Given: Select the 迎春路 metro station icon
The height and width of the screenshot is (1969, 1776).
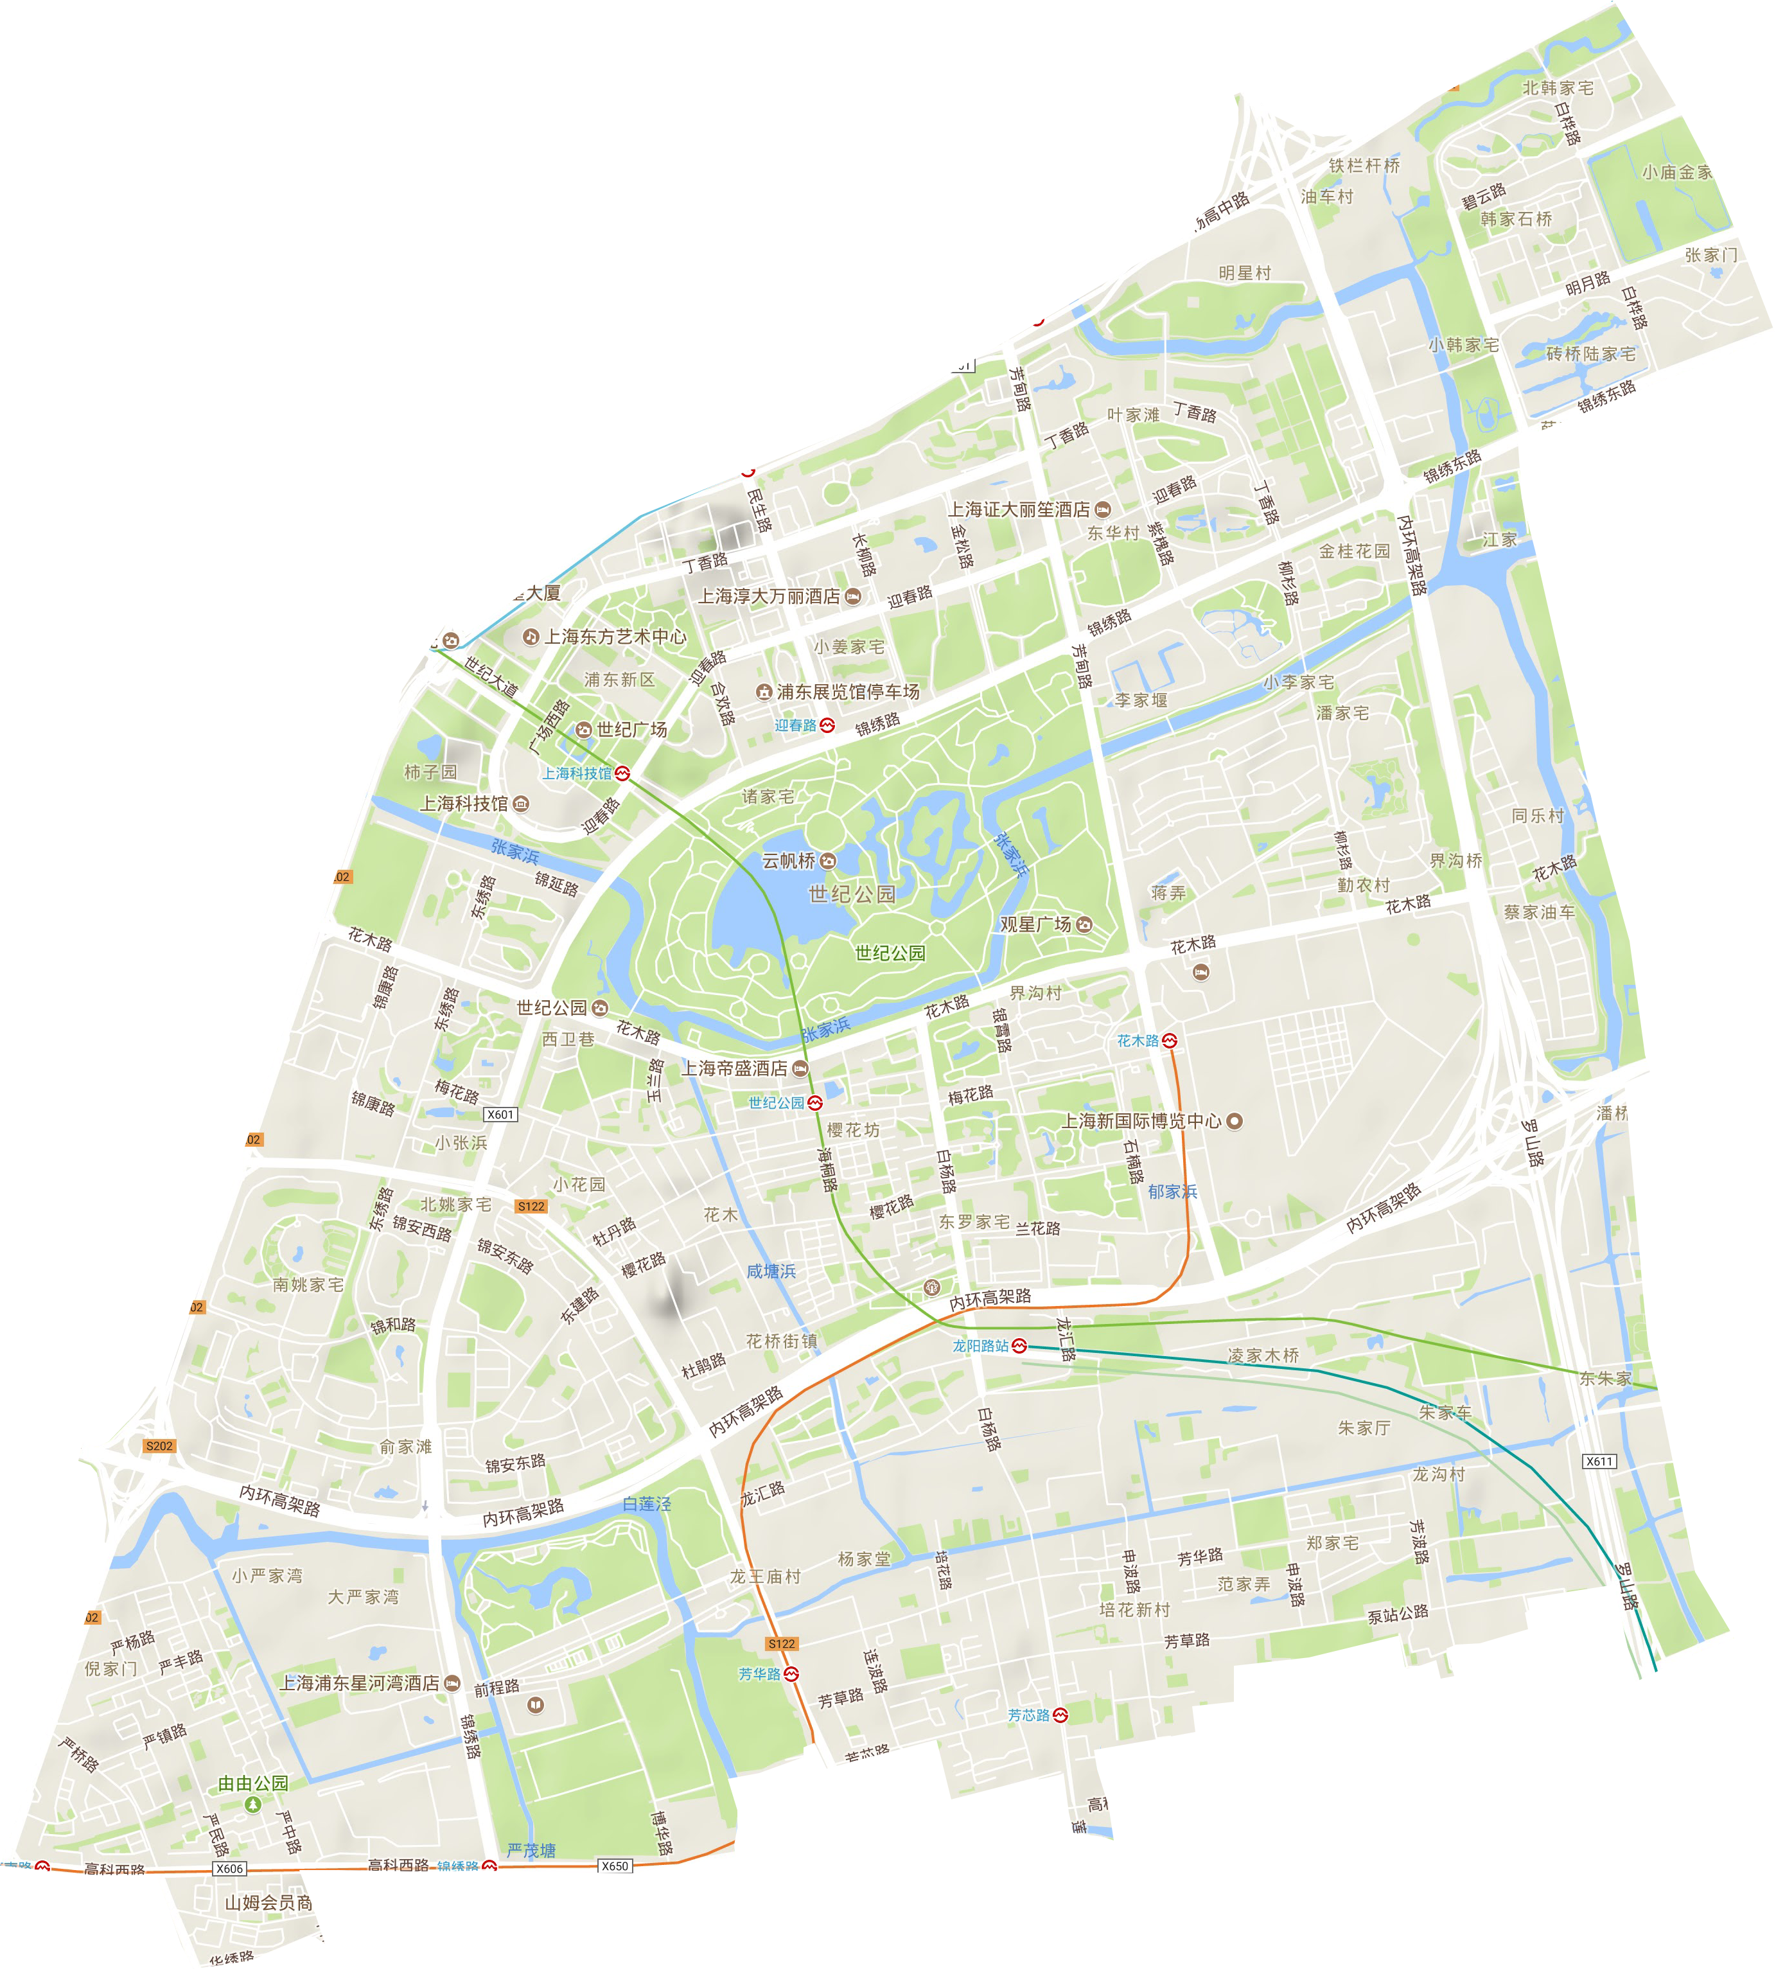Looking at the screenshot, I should tap(827, 725).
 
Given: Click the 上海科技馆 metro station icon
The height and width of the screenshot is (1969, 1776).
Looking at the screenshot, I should tap(622, 773).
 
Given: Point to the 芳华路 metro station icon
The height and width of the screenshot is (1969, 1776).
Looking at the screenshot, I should tap(791, 1673).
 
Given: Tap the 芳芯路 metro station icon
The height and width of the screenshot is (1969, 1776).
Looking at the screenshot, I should tap(1060, 1715).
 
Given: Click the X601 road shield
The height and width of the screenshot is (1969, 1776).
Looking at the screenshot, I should tap(500, 1115).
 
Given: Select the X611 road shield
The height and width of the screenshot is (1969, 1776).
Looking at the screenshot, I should tap(1598, 1461).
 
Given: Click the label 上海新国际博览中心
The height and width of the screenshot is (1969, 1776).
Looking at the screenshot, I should tap(1142, 1121).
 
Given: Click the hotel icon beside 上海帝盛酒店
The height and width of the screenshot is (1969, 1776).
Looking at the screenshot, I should tap(800, 1068).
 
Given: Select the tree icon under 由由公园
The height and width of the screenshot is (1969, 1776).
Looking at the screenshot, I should tap(252, 1804).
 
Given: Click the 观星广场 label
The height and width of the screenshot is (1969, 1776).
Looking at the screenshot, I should tap(1035, 924).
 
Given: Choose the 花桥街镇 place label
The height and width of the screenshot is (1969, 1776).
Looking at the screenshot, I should tap(782, 1341).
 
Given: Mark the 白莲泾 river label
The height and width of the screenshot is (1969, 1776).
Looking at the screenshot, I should tap(647, 1504).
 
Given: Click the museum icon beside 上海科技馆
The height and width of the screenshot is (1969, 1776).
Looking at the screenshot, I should tap(520, 804).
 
